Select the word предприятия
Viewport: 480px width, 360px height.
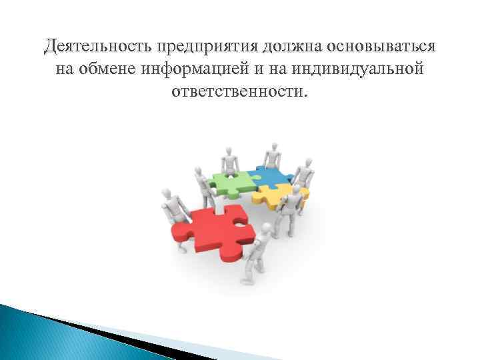pos(207,47)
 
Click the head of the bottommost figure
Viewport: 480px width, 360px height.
pos(266,229)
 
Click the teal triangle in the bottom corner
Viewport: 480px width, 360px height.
pos(40,333)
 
